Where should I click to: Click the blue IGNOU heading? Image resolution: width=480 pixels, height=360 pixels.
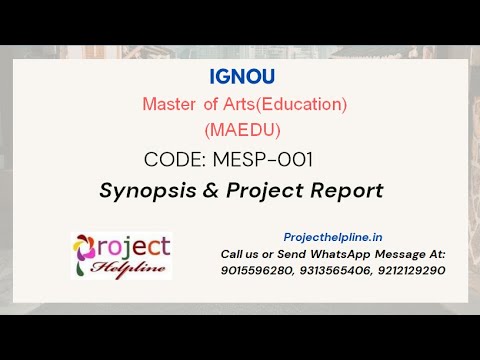(x=242, y=76)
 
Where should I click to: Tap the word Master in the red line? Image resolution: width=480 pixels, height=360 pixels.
(x=169, y=103)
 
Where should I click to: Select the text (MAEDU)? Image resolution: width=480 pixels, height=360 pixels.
(x=242, y=129)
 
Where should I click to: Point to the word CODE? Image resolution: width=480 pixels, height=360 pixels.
(x=179, y=159)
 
